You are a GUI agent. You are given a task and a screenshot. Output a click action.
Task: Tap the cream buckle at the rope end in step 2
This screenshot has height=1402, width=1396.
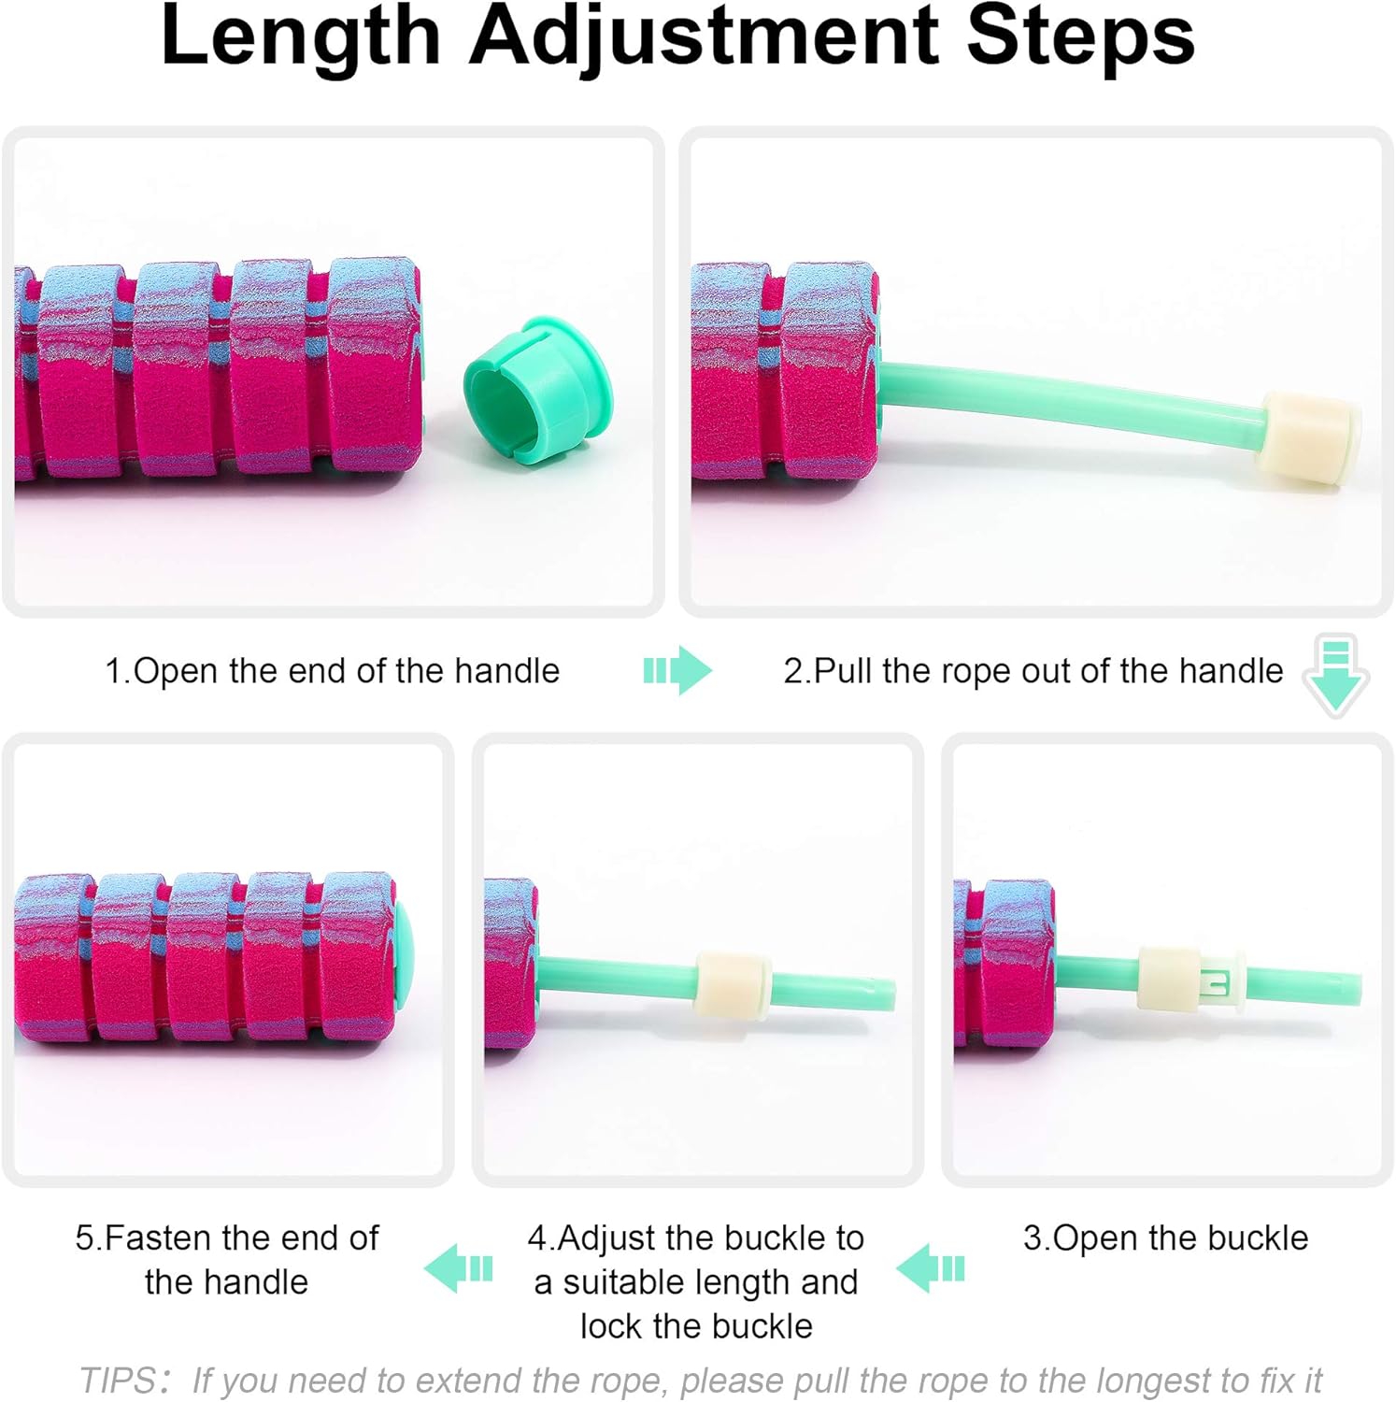coord(1309,437)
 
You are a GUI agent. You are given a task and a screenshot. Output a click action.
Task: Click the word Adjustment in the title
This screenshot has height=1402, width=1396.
coord(705,37)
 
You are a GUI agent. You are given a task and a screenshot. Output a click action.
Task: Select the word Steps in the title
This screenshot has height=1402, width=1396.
coord(1080,37)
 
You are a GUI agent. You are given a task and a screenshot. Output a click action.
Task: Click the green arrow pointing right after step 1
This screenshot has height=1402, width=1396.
coord(677,670)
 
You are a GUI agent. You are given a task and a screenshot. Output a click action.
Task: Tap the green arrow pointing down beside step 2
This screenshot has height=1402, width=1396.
coord(1336,676)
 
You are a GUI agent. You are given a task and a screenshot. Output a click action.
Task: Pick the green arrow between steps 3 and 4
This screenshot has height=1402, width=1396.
coord(930,1268)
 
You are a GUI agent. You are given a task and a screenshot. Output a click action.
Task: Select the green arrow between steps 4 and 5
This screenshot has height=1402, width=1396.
coord(458,1268)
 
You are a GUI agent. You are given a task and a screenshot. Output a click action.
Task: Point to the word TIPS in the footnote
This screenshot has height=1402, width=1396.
coord(120,1381)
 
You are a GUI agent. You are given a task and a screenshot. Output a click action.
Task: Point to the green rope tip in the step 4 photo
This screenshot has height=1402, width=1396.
coord(889,994)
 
